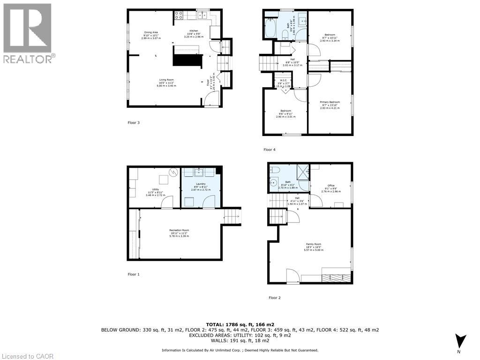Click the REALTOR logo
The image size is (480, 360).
point(28,33)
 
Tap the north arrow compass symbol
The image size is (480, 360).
point(460,341)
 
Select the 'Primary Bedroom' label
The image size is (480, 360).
point(330,102)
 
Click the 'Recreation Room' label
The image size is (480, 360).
point(179,230)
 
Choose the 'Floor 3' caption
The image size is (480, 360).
point(134,123)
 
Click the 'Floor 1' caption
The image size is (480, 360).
point(134,274)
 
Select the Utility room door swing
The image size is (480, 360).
point(166,202)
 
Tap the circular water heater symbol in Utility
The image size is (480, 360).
point(173,172)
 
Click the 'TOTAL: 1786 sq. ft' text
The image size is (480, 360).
point(240,324)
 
